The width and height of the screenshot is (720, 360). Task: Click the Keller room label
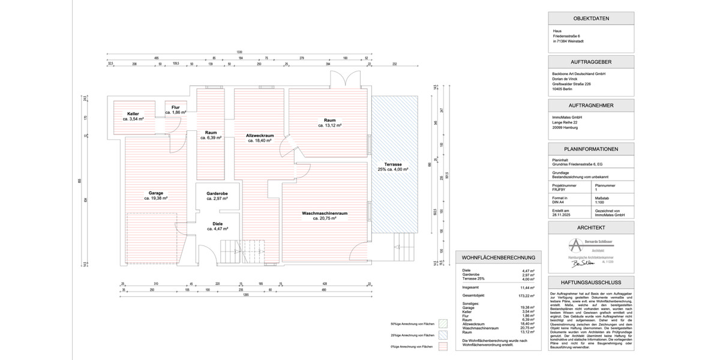[133, 116]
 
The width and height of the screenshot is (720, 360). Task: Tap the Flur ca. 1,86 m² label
[175, 110]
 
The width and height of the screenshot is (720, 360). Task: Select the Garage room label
[155, 195]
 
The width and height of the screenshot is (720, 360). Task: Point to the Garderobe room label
[217, 196]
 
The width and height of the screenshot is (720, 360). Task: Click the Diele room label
[217, 226]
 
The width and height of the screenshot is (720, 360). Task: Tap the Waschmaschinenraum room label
[325, 216]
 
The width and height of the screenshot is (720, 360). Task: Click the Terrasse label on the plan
[393, 167]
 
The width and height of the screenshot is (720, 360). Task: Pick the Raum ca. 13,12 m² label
[329, 123]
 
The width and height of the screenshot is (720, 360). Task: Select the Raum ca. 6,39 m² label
[211, 135]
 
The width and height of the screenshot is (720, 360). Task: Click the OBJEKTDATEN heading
[591, 19]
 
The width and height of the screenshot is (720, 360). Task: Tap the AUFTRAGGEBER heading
[591, 62]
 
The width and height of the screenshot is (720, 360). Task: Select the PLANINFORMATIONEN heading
[591, 149]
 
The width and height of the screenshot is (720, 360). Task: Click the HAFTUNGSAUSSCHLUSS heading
[591, 281]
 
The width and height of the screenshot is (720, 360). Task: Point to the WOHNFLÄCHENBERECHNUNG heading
[498, 257]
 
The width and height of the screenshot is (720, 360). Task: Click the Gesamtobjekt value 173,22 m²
[527, 296]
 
